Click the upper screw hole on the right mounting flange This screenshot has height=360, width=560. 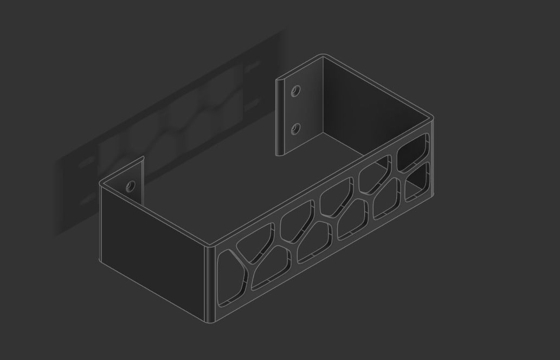point(296,91)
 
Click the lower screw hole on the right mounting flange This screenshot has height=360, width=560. point(295,128)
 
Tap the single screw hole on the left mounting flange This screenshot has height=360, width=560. point(130,187)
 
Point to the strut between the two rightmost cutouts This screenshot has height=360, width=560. point(415,166)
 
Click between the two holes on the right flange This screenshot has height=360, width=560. point(295,110)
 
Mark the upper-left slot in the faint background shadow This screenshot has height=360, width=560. point(85,163)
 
